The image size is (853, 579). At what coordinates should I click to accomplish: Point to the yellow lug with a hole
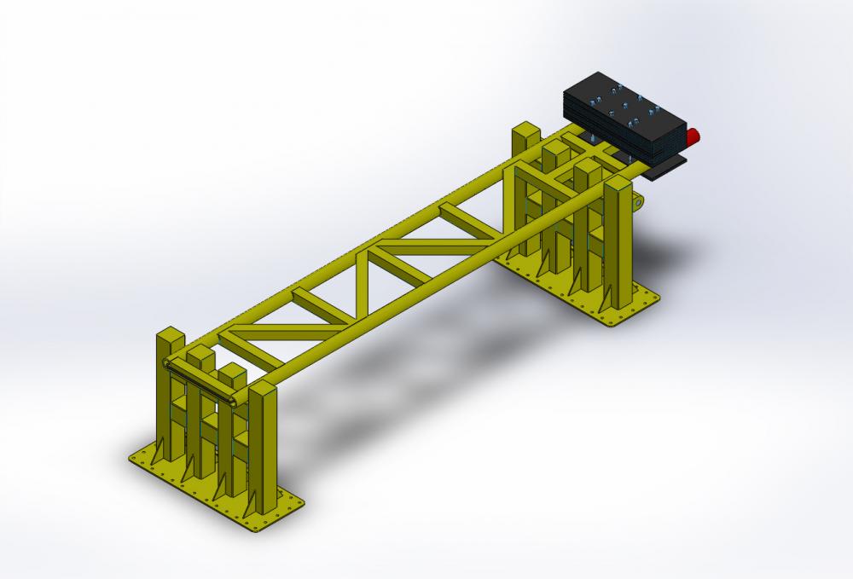(x=636, y=202)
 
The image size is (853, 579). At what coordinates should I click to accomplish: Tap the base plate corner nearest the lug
(x=657, y=298)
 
